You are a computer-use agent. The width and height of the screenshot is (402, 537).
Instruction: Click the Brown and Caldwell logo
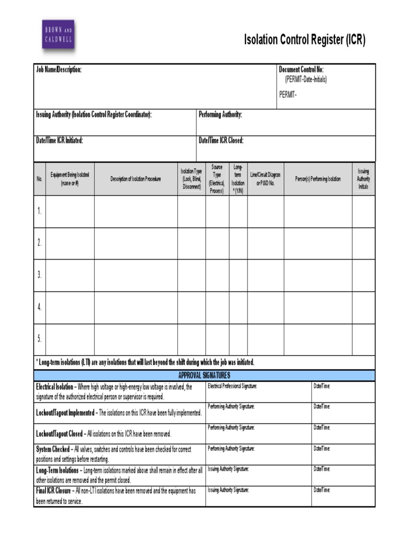coord(58,35)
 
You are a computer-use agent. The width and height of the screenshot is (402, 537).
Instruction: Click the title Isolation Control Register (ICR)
coord(304,40)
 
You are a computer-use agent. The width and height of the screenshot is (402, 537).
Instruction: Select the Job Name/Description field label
coord(59,70)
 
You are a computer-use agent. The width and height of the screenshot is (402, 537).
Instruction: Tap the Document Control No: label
coord(301,70)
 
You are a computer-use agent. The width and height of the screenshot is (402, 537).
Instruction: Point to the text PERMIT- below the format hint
coord(287,94)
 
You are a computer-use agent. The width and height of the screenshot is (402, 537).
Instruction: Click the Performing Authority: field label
coord(220,115)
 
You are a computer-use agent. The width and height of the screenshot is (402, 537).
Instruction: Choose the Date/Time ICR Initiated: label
coord(59,141)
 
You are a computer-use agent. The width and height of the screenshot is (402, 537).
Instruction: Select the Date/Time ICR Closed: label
coord(221,141)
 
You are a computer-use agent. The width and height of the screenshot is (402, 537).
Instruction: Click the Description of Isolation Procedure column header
coord(136,179)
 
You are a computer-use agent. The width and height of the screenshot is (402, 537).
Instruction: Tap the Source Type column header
coord(217,179)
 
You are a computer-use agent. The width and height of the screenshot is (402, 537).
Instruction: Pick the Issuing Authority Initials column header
coord(363,179)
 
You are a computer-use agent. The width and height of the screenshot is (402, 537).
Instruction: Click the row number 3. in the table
coord(39,275)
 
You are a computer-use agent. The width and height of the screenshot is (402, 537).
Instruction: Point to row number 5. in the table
coord(39,339)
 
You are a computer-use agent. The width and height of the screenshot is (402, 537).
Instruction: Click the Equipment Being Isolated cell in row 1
coord(70,211)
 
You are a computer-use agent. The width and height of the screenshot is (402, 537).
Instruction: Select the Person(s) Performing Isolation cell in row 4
coord(318,307)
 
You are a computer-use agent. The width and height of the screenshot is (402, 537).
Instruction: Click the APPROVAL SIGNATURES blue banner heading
coord(204,375)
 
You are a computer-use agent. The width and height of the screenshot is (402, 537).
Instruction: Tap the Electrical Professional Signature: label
coord(232,386)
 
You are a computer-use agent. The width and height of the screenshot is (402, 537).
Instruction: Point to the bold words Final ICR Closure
coord(54,491)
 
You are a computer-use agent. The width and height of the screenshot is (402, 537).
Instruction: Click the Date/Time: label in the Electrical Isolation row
coord(322,386)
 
